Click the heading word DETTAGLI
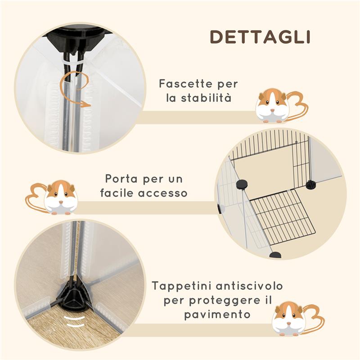pos(260,37)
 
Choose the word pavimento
pos(217,314)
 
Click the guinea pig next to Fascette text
pos(273,106)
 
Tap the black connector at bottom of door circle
pos(275,255)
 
